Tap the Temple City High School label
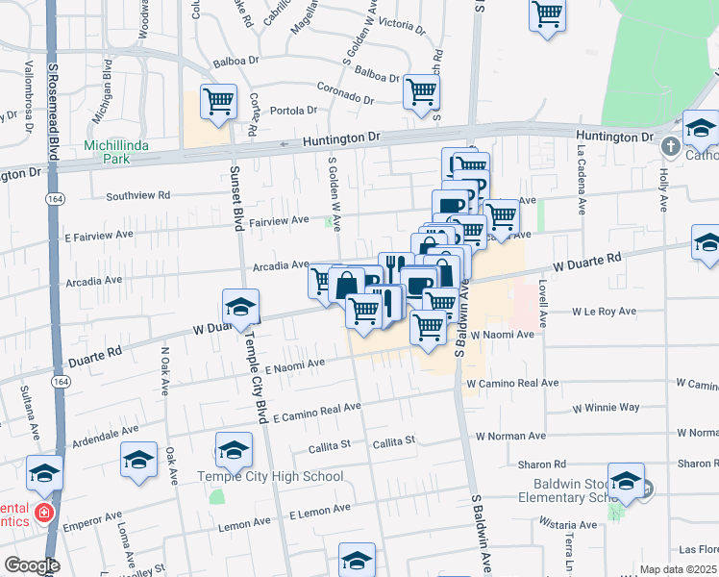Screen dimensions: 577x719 click(270, 476)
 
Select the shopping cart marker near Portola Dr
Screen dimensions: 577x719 click(219, 100)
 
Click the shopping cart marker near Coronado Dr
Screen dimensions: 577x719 click(422, 91)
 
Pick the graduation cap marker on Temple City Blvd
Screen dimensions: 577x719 click(240, 307)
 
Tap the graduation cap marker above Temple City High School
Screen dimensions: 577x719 click(234, 450)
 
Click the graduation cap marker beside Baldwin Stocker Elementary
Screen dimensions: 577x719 click(626, 483)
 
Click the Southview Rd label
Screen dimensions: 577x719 click(137, 194)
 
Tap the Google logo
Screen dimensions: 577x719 click(32, 565)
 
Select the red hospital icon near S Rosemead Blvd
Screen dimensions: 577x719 click(43, 513)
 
